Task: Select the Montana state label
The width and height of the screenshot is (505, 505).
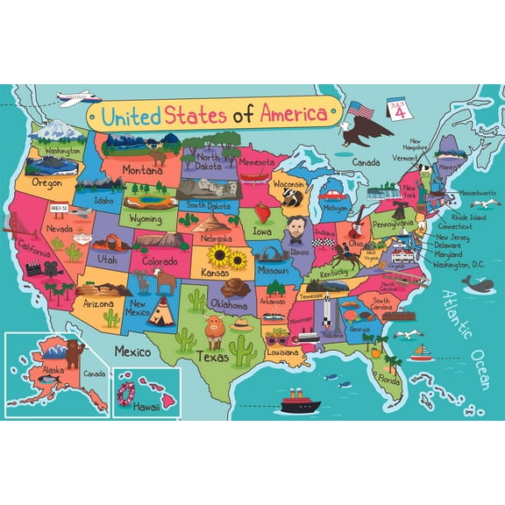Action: click(x=142, y=169)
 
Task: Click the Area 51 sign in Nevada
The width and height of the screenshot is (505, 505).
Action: click(x=60, y=206)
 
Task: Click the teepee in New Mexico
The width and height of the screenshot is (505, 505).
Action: click(x=160, y=310)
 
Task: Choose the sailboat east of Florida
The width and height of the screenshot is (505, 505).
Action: click(x=422, y=352)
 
